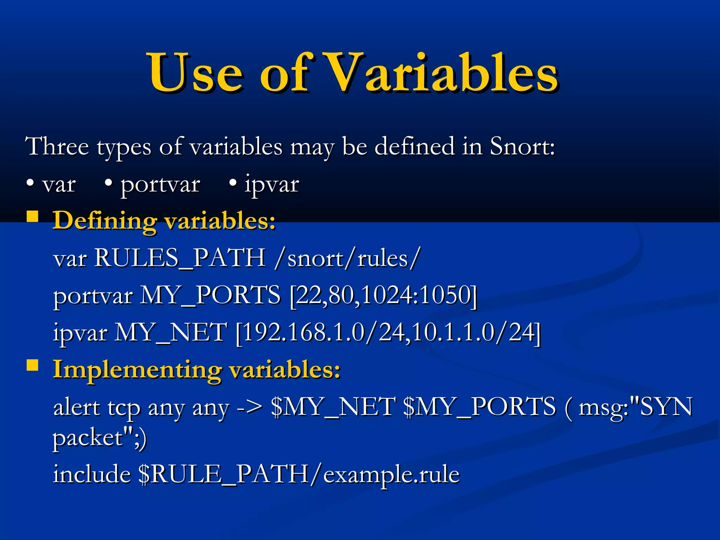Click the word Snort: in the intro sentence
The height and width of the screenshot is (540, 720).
pos(522,147)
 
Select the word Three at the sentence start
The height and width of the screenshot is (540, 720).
pos(57,147)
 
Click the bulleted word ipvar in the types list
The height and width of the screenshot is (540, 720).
pos(271,184)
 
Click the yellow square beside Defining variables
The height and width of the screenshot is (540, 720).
pos(33,217)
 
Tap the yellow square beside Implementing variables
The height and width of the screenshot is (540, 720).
pos(33,366)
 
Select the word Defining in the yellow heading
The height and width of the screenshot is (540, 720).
pos(105,221)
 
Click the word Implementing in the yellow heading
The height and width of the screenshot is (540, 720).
pos(137,370)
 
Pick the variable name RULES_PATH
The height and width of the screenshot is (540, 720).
pos(180,258)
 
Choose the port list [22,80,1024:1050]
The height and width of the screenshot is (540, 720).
pos(384,295)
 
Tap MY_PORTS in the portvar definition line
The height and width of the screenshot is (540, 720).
pos(210,295)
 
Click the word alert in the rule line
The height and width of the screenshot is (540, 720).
pos(77,408)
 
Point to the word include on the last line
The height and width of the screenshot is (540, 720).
pos(92,474)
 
